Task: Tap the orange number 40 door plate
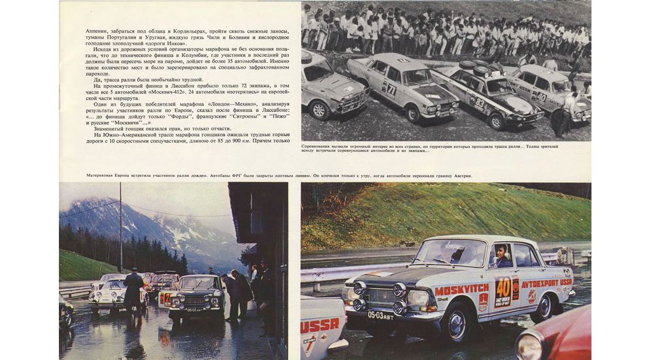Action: (x=503, y=287)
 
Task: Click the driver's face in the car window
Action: (x=502, y=255)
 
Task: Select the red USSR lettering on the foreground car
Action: (x=320, y=325)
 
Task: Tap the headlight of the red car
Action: (x=529, y=345)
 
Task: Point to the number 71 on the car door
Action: (x=391, y=88)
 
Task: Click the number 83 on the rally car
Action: (x=480, y=103)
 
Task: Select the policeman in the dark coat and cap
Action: (x=133, y=292)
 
